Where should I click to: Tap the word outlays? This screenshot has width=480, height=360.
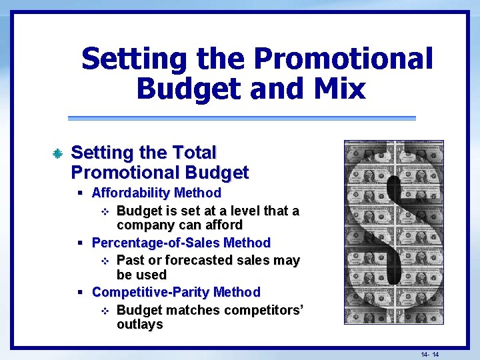pyautogui.click(x=139, y=325)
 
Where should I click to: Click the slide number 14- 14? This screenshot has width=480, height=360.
pyautogui.click(x=429, y=354)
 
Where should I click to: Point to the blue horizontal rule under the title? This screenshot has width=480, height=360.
pyautogui.click(x=241, y=119)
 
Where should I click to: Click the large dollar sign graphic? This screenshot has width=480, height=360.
pyautogui.click(x=393, y=232)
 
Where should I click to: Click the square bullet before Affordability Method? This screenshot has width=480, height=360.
pyautogui.click(x=80, y=193)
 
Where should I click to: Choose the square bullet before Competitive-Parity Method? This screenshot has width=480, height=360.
pyautogui.click(x=80, y=293)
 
